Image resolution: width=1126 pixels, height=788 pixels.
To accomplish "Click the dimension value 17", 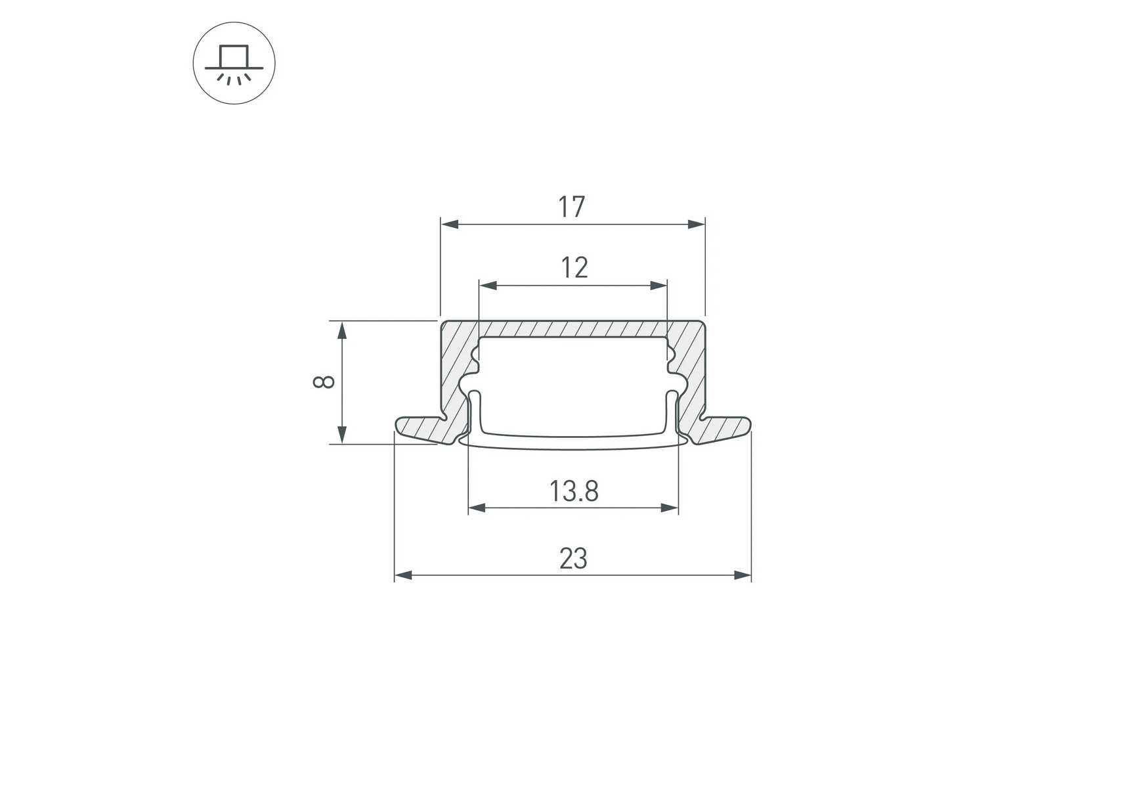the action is [571, 207].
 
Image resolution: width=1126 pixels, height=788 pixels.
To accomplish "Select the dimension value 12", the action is [574, 268].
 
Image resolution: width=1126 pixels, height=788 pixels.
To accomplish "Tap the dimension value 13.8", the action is [574, 491].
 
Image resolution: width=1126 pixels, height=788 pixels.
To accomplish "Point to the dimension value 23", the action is [573, 559].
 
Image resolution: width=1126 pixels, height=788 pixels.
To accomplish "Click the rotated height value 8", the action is [324, 382].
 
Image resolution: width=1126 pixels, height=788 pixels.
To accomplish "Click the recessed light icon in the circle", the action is [234, 64].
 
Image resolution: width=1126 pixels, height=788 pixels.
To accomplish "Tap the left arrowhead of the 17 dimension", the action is [449, 224].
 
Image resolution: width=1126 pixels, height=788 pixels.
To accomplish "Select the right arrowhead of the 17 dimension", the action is [696, 224].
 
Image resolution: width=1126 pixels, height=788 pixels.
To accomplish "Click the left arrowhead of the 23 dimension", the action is [403, 575].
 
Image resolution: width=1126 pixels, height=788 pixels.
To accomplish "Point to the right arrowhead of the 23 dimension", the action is [742, 575].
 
